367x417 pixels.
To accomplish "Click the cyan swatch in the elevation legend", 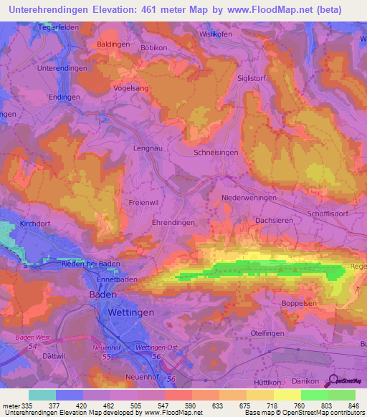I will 42,395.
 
